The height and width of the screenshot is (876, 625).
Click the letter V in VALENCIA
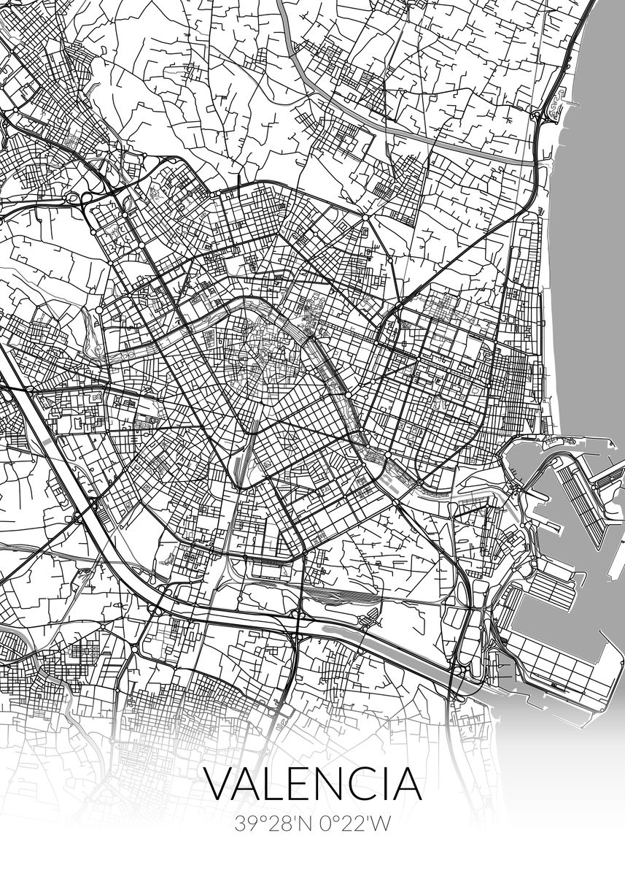pos(218,783)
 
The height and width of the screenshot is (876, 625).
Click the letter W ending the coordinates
pos(381,824)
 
